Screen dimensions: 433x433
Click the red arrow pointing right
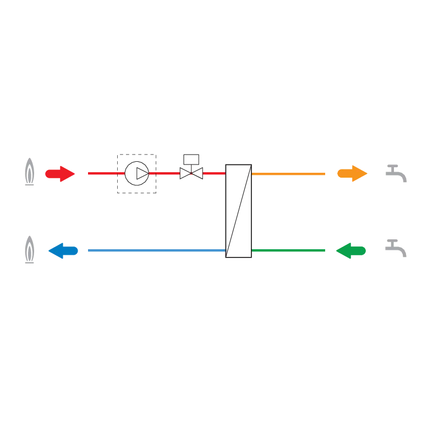click(59, 174)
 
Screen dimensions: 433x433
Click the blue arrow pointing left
click(63, 251)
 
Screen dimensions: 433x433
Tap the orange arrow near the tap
click(352, 174)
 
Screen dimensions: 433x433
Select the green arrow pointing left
click(350, 251)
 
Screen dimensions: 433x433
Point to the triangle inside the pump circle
click(141, 174)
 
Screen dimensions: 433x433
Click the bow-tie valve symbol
click(191, 174)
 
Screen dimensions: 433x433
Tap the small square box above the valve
click(191, 160)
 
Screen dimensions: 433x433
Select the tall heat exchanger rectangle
click(239, 211)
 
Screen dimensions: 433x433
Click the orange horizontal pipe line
click(289, 174)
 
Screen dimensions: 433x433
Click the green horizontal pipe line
click(289, 250)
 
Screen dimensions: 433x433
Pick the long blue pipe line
click(157, 250)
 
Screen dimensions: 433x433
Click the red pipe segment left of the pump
click(102, 174)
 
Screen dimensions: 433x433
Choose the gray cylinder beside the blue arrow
click(29, 250)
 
